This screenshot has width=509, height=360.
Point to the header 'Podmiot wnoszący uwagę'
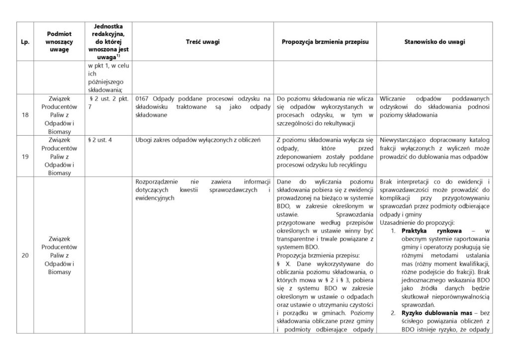(59, 42)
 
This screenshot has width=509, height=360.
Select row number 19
(24, 156)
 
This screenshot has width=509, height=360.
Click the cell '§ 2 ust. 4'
(100, 140)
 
